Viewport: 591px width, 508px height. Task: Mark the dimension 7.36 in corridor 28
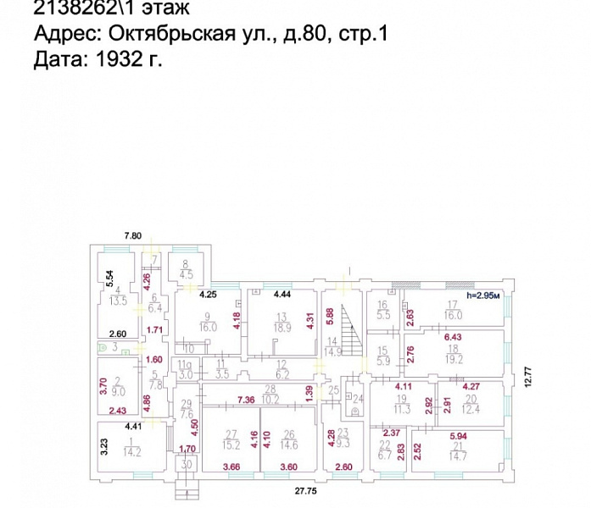pyautogui.click(x=247, y=399)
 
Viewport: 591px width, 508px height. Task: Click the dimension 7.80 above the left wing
pyautogui.click(x=133, y=235)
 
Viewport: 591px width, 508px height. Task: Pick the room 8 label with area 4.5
pyautogui.click(x=187, y=268)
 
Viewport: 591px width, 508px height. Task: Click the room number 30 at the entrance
pyautogui.click(x=187, y=464)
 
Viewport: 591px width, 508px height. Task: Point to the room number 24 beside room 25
pyautogui.click(x=357, y=398)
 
